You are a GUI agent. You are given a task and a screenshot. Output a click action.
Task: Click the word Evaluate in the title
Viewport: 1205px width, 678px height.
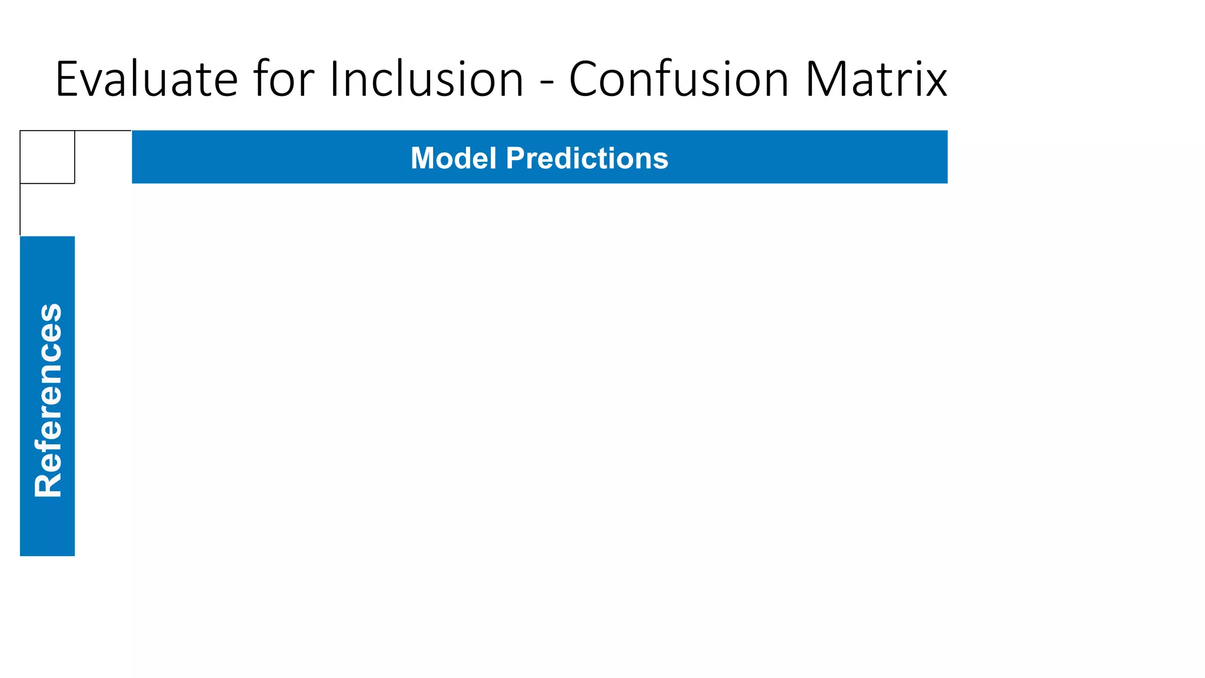tap(146, 79)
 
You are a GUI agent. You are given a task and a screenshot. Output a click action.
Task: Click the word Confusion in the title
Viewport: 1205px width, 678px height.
tap(678, 79)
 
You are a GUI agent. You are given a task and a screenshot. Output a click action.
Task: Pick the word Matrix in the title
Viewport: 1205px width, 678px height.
tap(876, 79)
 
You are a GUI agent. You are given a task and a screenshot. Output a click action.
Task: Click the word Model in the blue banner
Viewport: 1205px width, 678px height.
tap(454, 158)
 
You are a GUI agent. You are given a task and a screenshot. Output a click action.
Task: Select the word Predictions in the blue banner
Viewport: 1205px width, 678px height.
tap(587, 158)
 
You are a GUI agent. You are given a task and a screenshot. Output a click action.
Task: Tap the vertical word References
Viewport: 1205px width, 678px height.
tap(48, 400)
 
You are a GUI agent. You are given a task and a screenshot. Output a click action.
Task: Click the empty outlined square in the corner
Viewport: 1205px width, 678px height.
tap(47, 157)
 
